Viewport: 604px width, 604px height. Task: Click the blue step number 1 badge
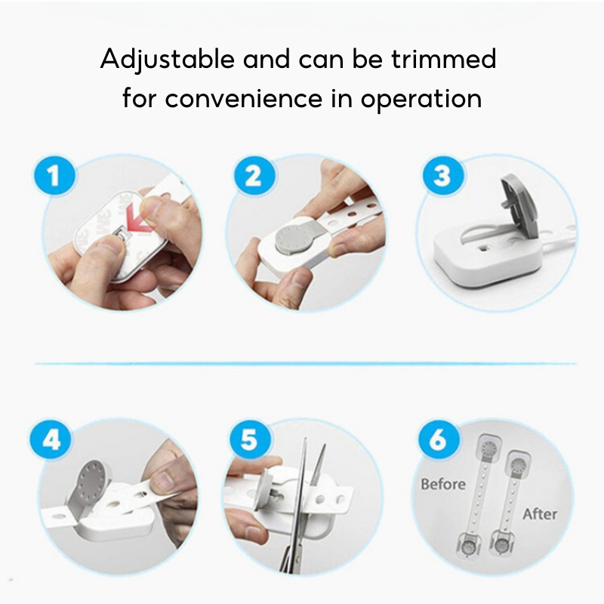point(54,176)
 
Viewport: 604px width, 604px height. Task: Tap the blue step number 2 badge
point(254,176)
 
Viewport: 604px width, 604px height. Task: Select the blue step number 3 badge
point(443,175)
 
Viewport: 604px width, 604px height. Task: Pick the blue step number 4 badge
point(51,440)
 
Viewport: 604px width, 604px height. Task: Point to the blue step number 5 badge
point(249,440)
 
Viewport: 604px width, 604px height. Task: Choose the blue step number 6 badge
point(439,439)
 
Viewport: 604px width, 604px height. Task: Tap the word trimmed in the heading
point(444,59)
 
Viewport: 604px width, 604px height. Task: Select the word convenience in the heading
point(243,99)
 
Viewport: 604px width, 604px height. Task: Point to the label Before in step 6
point(442,484)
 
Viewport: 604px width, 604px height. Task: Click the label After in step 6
point(540,514)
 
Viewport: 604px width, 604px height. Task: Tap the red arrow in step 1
point(139,219)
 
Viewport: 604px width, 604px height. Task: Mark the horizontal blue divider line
point(306,363)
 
